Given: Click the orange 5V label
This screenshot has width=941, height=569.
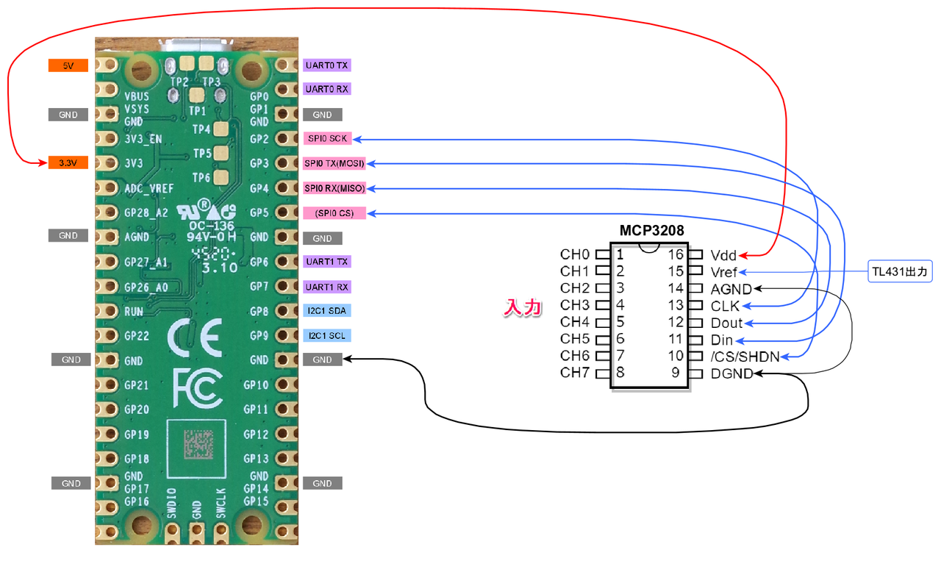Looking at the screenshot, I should point(68,65).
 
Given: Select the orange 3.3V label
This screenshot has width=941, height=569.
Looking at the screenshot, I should point(68,162).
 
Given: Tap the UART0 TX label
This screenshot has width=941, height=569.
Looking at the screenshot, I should point(326,65).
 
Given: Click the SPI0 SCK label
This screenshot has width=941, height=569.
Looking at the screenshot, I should point(326,138).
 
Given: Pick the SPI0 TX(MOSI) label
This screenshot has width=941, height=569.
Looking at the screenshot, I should point(334,163).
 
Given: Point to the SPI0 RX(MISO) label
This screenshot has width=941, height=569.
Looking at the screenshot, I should point(334,188).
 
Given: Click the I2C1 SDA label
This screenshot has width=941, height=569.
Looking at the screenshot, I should point(326,311).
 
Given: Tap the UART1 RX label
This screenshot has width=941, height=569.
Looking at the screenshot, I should point(326,287).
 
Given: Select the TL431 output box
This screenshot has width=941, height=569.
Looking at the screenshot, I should point(901,272).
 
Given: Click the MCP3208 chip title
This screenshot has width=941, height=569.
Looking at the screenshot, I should point(652,232).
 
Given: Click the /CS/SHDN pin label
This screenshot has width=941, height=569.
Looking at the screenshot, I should point(745,357).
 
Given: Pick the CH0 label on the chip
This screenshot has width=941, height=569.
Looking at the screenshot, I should point(575,255).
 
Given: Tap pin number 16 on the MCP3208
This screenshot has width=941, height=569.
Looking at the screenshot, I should point(675,255).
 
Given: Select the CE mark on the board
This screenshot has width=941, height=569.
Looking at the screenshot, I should point(193,337).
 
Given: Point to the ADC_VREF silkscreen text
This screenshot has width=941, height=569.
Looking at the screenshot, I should point(149,189).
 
